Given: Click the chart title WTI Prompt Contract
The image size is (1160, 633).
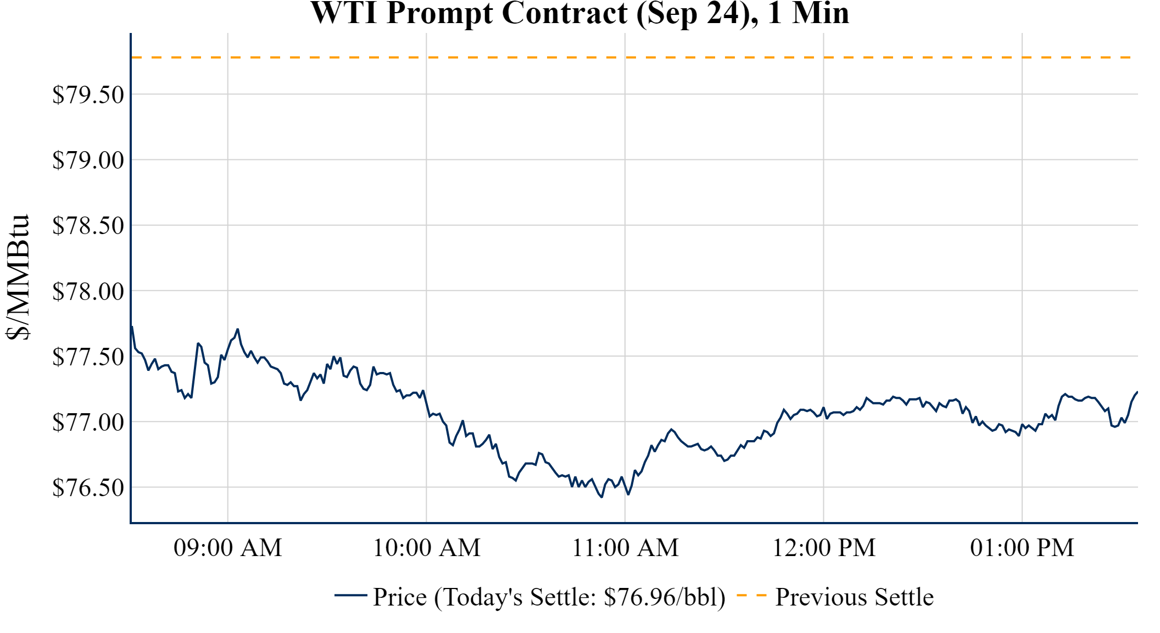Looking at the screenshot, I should pyautogui.click(x=579, y=13).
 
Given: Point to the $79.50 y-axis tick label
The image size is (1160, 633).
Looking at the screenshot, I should pyautogui.click(x=88, y=95).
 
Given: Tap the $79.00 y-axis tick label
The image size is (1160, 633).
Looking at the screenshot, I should pyautogui.click(x=88, y=160).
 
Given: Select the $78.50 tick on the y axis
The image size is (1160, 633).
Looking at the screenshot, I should pyautogui.click(x=88, y=226).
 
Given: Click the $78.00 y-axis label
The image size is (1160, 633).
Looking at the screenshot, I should pyautogui.click(x=88, y=291).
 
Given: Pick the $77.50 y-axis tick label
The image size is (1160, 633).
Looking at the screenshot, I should pyautogui.click(x=88, y=357).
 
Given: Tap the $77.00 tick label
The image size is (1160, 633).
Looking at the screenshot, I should pyautogui.click(x=88, y=423).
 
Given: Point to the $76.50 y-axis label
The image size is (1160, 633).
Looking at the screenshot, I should pyautogui.click(x=88, y=488).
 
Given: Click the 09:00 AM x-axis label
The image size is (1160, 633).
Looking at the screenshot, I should pyautogui.click(x=228, y=548).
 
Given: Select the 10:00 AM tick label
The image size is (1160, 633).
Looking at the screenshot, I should pyautogui.click(x=427, y=548).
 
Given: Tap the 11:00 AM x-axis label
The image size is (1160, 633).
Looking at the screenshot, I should pyautogui.click(x=626, y=548).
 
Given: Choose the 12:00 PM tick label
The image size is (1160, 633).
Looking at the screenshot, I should pyautogui.click(x=824, y=548).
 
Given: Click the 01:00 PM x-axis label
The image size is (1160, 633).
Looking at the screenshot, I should pyautogui.click(x=1022, y=548).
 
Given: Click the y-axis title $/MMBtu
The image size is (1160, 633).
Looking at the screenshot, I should pyautogui.click(x=18, y=277).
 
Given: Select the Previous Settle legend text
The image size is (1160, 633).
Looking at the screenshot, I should pyautogui.click(x=854, y=597).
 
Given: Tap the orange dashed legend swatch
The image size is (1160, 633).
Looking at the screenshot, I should pyautogui.click(x=751, y=595).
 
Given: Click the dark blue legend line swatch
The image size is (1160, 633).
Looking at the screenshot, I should pyautogui.click(x=350, y=595).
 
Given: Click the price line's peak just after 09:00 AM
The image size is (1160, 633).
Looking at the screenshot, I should pyautogui.click(x=237, y=329).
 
